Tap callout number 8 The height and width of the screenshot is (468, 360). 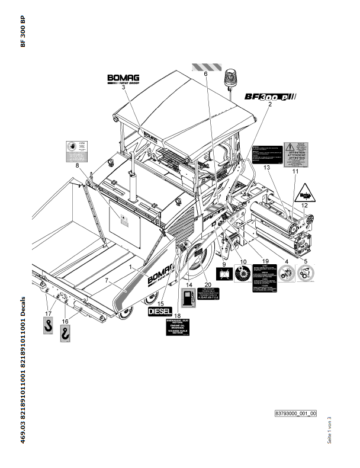point(77,166)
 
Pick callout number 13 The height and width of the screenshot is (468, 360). point(266,169)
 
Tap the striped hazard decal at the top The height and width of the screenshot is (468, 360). point(207,67)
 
